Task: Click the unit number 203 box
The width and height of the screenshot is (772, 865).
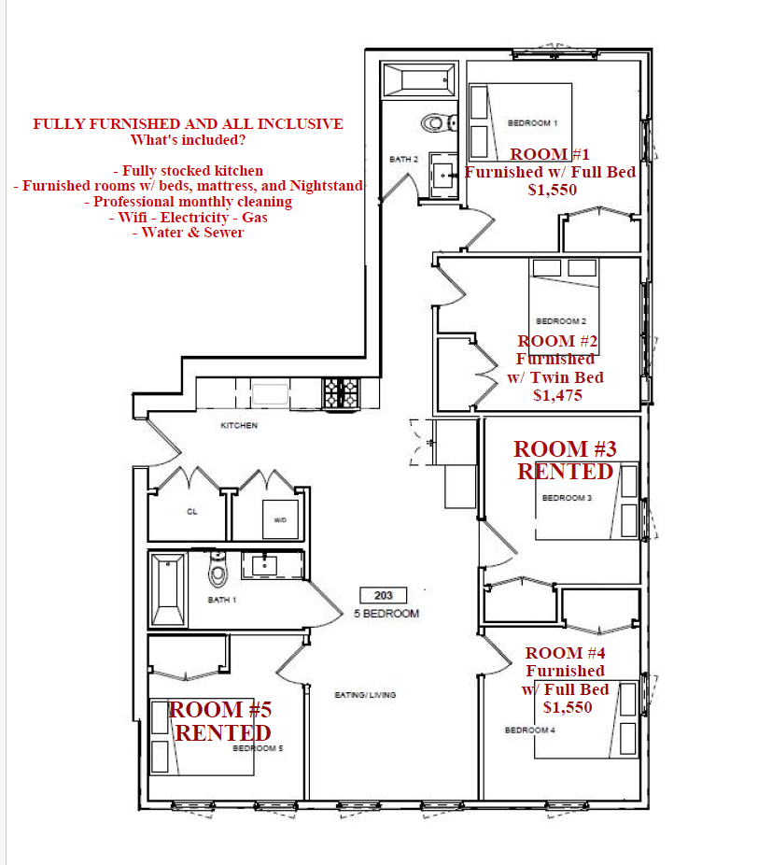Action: coord(384,595)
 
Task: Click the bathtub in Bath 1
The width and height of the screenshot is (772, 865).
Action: coord(168,590)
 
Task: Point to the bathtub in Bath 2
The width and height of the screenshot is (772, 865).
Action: coord(419,80)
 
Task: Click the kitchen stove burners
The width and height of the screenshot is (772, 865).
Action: coord(342,392)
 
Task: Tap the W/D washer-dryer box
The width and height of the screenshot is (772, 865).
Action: coord(280,519)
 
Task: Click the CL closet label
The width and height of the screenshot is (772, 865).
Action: coord(192,511)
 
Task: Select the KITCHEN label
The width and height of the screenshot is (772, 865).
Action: coord(239,425)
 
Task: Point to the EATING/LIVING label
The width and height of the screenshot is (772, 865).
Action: coord(365,695)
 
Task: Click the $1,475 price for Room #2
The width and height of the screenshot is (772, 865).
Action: coord(557,395)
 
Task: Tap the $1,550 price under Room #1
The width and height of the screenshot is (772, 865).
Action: coord(552,190)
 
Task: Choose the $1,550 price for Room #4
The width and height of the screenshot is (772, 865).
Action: coord(568,707)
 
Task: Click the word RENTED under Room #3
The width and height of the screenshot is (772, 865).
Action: coord(565,472)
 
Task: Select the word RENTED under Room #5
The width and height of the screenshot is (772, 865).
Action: coord(223,732)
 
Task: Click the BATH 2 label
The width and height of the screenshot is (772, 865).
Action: coord(403,159)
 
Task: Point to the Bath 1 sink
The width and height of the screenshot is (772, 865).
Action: coord(264,566)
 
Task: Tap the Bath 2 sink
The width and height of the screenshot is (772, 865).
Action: coord(443,176)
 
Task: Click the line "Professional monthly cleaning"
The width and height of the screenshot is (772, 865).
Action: coord(188,202)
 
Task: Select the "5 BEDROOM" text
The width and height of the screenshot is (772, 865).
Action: coord(386,614)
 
